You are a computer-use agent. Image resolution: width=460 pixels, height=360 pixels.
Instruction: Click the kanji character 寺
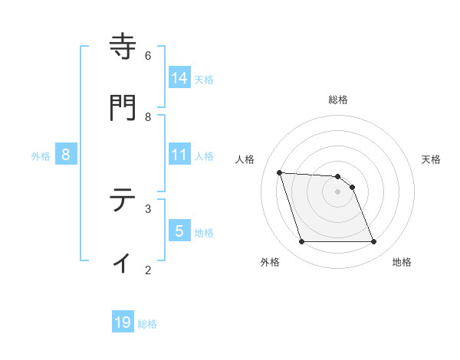(x=123, y=47)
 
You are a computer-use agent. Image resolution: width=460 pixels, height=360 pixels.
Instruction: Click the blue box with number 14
(x=179, y=77)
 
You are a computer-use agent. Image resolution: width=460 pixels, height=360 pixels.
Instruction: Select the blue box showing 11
(x=179, y=155)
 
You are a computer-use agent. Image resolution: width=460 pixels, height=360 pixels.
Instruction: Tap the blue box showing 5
(x=179, y=231)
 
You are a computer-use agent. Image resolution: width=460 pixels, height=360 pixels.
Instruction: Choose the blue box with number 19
(x=123, y=322)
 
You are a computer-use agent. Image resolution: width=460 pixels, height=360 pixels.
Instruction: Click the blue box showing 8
(x=66, y=155)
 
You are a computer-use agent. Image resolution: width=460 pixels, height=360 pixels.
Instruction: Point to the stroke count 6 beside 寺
(x=148, y=55)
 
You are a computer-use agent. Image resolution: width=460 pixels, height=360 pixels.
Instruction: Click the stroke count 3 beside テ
(x=148, y=208)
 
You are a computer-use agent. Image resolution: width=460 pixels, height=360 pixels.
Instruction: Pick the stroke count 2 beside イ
(x=148, y=270)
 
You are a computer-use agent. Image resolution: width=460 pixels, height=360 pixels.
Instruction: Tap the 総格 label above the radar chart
(x=338, y=100)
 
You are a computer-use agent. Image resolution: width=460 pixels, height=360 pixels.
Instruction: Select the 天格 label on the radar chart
(x=431, y=159)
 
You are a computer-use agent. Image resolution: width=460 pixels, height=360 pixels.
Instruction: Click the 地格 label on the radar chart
(x=402, y=262)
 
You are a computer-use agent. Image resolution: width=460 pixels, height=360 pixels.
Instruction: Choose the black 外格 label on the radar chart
(x=270, y=262)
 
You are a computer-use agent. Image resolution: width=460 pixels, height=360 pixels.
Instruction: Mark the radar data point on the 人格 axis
(x=280, y=172)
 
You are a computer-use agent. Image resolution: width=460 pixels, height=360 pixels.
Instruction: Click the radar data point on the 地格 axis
(x=373, y=242)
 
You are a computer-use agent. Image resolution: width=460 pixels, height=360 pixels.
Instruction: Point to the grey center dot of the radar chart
(x=337, y=191)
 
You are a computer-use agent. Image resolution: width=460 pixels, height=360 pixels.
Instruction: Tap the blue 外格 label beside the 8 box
(x=41, y=155)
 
